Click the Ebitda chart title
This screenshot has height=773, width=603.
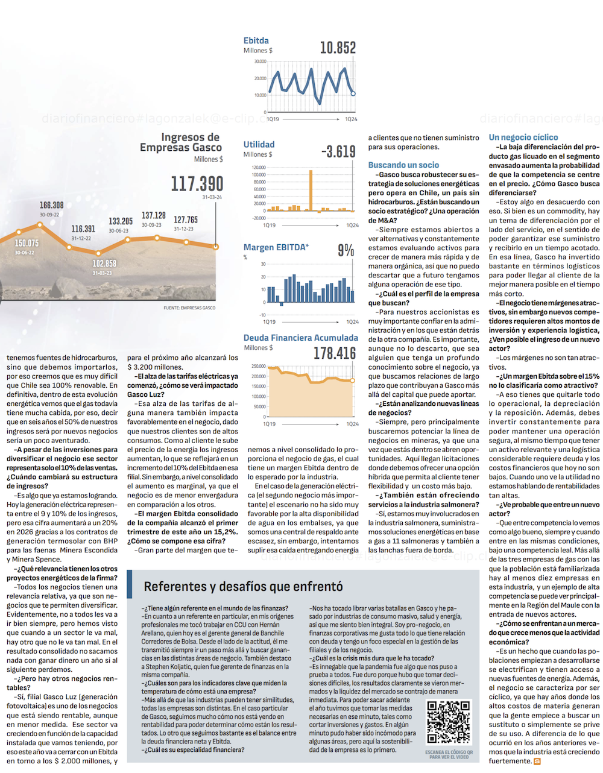point(256,40)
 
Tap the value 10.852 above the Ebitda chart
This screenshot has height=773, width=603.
point(338,48)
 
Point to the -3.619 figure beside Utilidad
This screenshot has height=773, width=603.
point(338,151)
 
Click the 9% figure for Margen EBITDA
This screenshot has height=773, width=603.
point(346,250)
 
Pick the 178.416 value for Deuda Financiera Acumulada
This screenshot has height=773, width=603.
point(335,353)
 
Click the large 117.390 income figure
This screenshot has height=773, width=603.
point(197,183)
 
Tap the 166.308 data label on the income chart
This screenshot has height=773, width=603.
point(52,206)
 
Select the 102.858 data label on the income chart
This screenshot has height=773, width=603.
point(104,264)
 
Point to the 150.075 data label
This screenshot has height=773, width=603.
point(27,243)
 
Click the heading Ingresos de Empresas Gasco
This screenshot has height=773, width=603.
point(181,142)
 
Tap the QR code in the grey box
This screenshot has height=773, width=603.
point(448,722)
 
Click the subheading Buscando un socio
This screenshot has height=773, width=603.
point(403,165)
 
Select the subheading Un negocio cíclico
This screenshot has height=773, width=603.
point(523,137)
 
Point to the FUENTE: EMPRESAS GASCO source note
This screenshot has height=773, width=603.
point(189,308)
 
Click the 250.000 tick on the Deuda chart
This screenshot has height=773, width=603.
point(259,366)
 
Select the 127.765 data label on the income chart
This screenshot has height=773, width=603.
point(186,220)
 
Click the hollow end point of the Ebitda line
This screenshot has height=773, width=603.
point(353,93)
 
